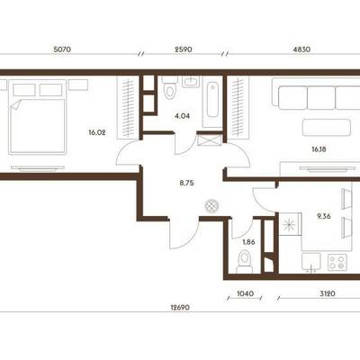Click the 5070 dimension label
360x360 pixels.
click(62, 49)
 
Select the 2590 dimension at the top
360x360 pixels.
click(184, 49)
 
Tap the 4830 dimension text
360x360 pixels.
click(301, 49)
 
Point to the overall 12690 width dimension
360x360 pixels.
click(180, 308)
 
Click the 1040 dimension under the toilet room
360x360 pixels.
click(245, 293)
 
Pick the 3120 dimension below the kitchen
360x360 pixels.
click(327, 293)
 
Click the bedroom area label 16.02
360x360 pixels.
click(97, 132)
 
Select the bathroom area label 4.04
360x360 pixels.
click(182, 116)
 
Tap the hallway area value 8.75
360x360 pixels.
click(186, 183)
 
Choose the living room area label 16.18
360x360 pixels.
click(319, 148)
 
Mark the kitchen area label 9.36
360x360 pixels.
click(324, 216)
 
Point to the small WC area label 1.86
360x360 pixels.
click(248, 242)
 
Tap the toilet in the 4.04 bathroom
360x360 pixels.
click(170, 87)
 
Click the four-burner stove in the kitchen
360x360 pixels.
click(337, 263)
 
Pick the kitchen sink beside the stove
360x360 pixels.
click(311, 263)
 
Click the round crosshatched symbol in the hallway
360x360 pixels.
click(212, 206)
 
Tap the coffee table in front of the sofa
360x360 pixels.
click(327, 127)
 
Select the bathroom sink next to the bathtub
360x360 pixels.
click(191, 82)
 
